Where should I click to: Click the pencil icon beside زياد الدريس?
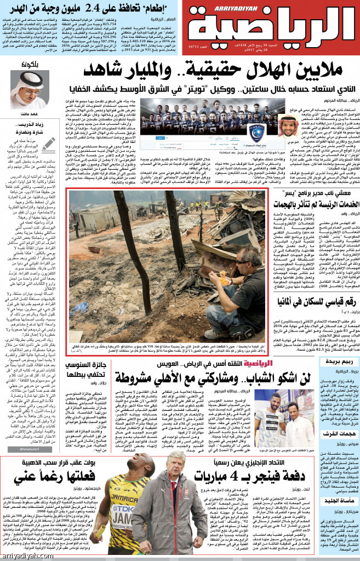(48, 145)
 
